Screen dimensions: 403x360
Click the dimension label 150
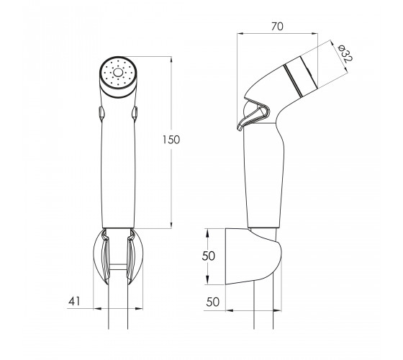pos(171,140)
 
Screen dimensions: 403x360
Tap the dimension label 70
pos(277,27)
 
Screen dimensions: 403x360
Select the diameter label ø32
pos(345,53)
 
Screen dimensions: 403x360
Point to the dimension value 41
pos(74,301)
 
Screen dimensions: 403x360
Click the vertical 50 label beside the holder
pos(208,256)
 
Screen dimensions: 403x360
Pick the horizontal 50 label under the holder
pos(213,302)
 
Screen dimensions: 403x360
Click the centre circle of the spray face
pos(118,73)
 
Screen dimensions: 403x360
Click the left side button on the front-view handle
pos(101,113)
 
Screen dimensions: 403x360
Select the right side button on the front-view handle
pos(135,113)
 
